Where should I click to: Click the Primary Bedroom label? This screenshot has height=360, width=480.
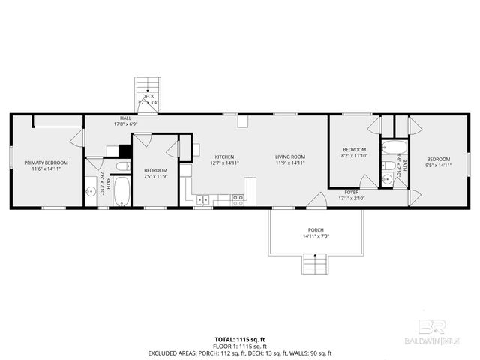click(46, 163)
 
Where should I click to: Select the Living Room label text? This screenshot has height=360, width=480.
click(289, 157)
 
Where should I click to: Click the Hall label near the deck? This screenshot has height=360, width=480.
click(126, 118)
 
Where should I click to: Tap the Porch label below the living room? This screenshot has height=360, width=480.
click(316, 229)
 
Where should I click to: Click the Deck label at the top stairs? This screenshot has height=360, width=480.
click(147, 96)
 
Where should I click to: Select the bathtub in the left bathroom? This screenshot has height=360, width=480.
click(121, 192)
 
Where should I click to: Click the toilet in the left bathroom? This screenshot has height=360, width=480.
click(123, 166)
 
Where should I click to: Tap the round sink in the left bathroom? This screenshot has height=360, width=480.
click(92, 190)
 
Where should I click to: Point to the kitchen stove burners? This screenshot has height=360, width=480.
click(237, 199)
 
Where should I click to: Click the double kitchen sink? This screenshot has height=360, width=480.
click(202, 199)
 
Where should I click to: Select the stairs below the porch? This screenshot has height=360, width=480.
click(315, 265)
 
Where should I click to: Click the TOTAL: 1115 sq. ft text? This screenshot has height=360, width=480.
click(240, 340)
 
